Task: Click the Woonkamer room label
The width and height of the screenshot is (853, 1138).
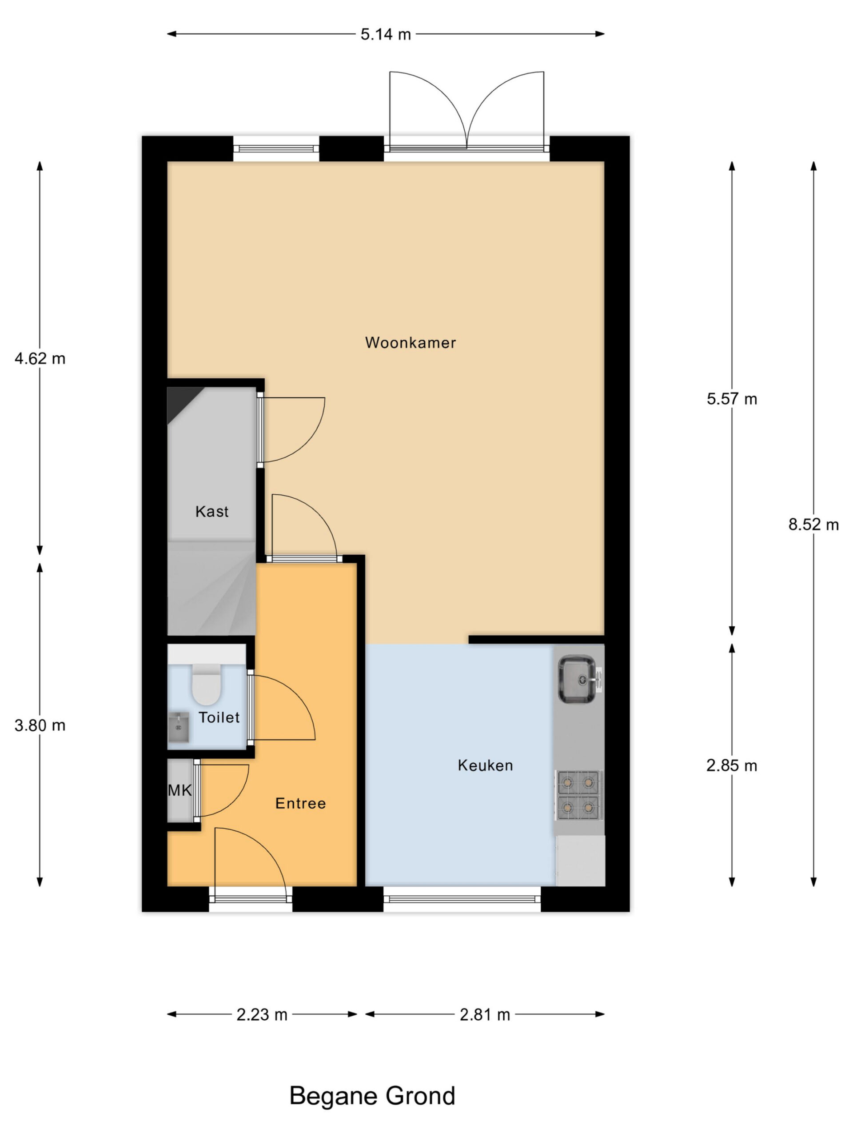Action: click(411, 343)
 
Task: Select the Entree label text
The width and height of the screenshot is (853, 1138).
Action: click(301, 804)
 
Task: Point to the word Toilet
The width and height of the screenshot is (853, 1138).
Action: click(219, 717)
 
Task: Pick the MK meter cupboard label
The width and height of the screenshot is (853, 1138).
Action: click(180, 790)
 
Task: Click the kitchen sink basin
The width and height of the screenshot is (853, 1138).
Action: click(578, 679)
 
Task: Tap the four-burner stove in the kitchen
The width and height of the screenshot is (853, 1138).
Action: click(578, 795)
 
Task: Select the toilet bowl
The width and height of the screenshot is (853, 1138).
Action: click(206, 684)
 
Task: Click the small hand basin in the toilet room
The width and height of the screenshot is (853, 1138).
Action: click(179, 728)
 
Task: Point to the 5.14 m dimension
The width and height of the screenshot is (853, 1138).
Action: click(386, 35)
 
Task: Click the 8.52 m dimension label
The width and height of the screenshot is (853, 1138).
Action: click(813, 525)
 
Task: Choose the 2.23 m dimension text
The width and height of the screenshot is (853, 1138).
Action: click(262, 1015)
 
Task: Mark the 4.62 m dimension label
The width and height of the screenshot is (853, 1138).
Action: click(40, 359)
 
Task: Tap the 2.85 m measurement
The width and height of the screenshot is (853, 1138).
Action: click(732, 766)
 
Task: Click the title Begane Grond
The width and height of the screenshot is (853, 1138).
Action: click(372, 1096)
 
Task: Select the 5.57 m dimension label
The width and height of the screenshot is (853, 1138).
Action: click(732, 399)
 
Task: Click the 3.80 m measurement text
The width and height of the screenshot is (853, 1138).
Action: click(40, 725)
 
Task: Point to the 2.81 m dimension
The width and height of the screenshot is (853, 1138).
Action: click(485, 1015)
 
